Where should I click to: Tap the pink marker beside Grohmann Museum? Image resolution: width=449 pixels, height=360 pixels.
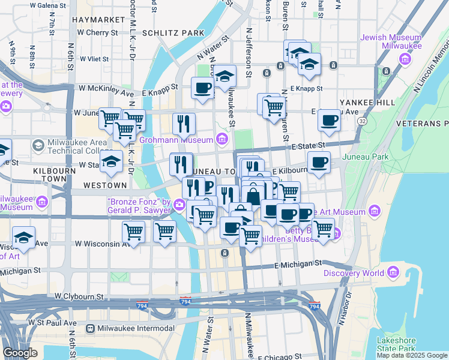223,140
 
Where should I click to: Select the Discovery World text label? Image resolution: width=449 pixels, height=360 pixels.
354,273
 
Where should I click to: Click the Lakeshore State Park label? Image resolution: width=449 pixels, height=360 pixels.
396,344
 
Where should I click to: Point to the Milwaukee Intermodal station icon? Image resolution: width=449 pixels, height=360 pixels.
90,328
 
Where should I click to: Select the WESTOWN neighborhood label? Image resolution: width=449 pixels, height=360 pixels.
106,185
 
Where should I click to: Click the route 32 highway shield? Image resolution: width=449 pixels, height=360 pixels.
362,121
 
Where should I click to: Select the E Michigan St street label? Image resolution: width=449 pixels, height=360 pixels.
298,264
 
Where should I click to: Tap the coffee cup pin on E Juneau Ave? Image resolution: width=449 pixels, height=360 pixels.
329,119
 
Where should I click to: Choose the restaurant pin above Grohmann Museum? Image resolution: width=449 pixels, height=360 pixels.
184,123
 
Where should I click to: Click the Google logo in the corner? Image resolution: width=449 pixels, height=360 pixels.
20,353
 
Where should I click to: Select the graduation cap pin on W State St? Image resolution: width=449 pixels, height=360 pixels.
111,161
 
